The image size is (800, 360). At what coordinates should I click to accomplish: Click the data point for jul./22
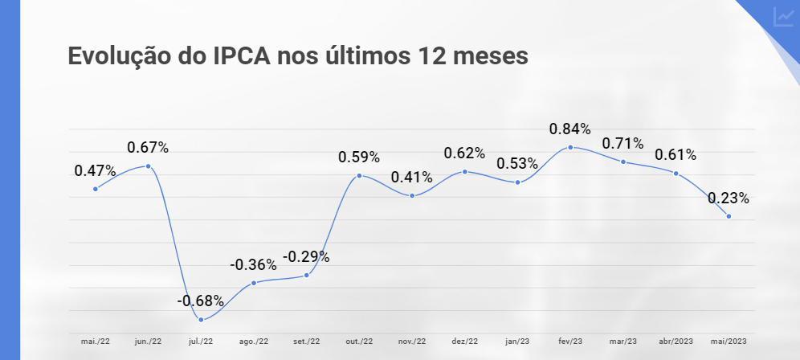click(x=201, y=320)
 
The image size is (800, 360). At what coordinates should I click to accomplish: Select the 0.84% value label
click(x=570, y=129)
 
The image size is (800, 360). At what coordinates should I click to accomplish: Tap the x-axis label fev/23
click(x=570, y=342)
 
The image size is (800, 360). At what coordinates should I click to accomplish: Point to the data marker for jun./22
click(x=149, y=166)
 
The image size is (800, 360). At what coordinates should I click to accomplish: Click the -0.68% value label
click(x=200, y=301)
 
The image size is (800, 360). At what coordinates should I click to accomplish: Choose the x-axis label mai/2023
click(x=729, y=342)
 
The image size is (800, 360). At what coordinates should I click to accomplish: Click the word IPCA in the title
click(x=239, y=56)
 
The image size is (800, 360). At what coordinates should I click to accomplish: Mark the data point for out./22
click(x=359, y=175)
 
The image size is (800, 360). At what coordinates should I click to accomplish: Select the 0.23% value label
click(x=729, y=198)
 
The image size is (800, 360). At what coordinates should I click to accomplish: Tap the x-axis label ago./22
click(x=254, y=342)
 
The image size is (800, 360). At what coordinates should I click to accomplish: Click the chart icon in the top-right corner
click(x=783, y=17)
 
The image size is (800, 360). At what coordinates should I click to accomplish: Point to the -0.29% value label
click(x=306, y=257)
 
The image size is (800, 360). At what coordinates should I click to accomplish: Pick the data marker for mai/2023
click(x=729, y=216)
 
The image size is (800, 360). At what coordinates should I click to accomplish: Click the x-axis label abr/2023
click(x=676, y=342)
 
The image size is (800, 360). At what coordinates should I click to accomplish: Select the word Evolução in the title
click(x=118, y=56)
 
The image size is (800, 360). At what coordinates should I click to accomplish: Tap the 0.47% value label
click(x=96, y=170)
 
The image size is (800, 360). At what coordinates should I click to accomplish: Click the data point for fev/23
click(x=570, y=148)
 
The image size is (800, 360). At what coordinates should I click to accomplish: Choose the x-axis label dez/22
click(x=464, y=342)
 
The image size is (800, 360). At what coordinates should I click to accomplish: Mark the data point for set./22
click(x=307, y=276)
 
